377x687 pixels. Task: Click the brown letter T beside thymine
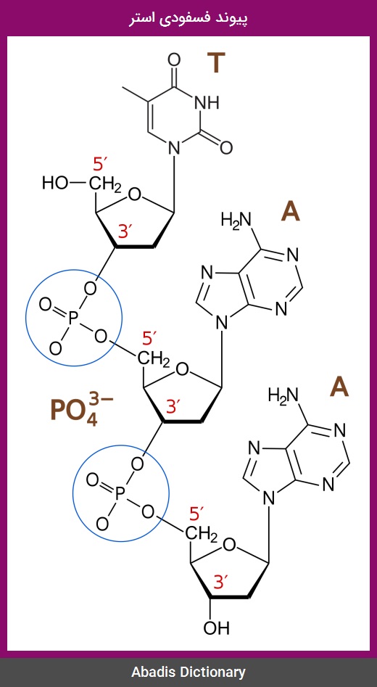[x=216, y=62]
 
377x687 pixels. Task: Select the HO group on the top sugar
[x=55, y=183]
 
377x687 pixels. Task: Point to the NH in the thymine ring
[x=206, y=103]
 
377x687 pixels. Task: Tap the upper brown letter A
[x=290, y=212]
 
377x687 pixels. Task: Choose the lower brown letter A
[x=339, y=387]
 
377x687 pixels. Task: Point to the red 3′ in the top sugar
[x=126, y=231]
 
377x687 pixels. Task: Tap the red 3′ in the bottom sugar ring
[x=222, y=581]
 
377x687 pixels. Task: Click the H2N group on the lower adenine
[x=283, y=395]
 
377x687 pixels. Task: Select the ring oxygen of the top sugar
[x=136, y=194]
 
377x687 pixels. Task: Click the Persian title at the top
[x=188, y=18]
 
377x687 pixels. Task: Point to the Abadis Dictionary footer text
[x=188, y=672]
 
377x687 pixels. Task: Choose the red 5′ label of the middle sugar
[x=150, y=339]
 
